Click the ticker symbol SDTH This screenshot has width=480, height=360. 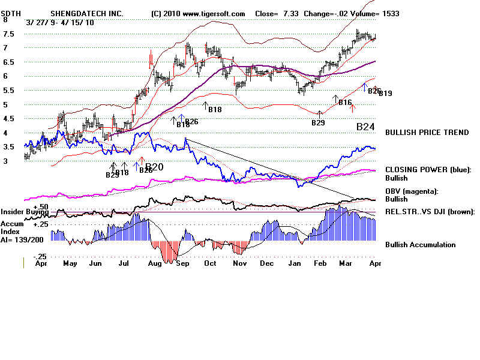point(12,13)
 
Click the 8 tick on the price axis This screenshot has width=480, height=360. point(6,19)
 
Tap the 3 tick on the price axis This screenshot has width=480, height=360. point(6,161)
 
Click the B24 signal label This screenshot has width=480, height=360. point(365,127)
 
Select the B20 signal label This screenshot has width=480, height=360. point(154,167)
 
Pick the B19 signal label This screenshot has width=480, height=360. point(385,94)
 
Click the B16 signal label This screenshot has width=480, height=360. point(344,103)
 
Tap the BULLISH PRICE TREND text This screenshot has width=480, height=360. point(427,133)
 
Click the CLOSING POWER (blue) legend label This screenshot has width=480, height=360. point(428,170)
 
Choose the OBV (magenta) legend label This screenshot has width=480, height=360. point(413,191)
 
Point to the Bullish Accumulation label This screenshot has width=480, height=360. point(420,245)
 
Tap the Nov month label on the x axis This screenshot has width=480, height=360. point(239,263)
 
